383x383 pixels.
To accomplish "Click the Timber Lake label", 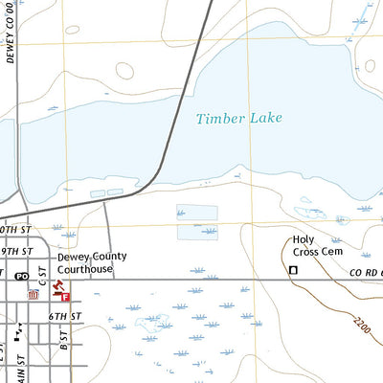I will point(235,119).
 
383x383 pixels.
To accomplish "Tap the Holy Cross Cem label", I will point(317,245).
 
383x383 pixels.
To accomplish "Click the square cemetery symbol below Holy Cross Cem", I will point(294,271).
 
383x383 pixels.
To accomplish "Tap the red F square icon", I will point(66,298).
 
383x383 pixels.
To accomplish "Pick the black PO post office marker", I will point(21,277).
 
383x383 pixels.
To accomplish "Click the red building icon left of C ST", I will point(34,295).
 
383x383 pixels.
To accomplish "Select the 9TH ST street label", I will point(17,251).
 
